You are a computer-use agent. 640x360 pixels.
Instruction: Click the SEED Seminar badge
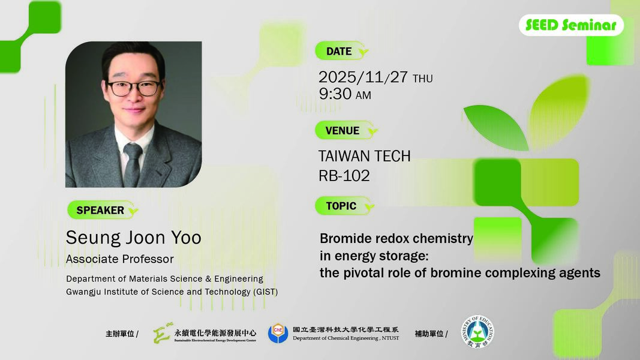(x=570, y=25)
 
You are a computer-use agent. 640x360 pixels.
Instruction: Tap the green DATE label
(x=339, y=52)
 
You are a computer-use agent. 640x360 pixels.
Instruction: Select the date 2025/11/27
(x=363, y=78)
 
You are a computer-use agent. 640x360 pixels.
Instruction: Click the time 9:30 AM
(x=345, y=95)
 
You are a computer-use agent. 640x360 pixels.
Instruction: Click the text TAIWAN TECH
(x=364, y=156)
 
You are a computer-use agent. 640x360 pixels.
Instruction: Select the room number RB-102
(x=344, y=176)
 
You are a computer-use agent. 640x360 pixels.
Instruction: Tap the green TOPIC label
(x=341, y=206)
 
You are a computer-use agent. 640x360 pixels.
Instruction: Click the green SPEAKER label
(x=100, y=210)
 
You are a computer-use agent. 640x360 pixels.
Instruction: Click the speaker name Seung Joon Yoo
(x=133, y=238)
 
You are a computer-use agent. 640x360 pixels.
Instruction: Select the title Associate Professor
(x=119, y=259)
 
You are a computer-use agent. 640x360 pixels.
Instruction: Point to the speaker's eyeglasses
(x=133, y=88)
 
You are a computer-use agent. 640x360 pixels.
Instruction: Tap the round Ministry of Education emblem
(x=477, y=334)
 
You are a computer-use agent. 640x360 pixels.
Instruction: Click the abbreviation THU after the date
(x=422, y=79)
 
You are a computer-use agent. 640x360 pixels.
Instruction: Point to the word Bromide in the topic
(x=345, y=239)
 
